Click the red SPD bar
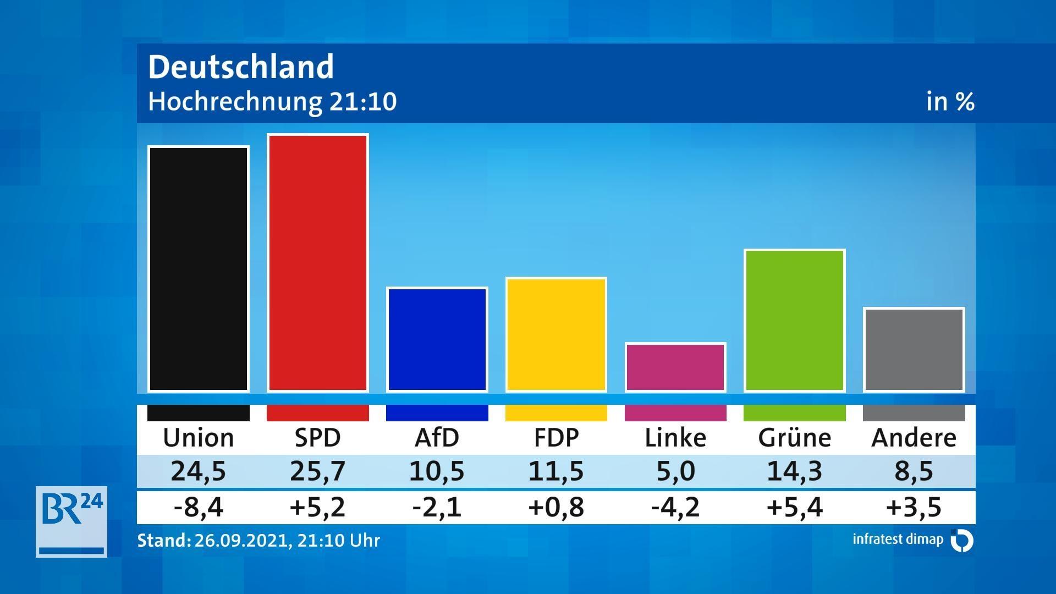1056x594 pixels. point(317,263)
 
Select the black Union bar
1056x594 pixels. point(199,269)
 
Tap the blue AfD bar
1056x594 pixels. point(437,339)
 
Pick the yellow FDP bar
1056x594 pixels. point(556,334)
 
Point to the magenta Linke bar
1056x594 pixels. point(675,367)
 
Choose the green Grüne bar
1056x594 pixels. point(794,320)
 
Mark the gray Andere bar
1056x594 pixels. point(914,350)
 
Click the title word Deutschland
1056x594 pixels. point(241,67)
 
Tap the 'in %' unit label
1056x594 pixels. point(950,102)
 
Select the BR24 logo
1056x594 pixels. point(71,521)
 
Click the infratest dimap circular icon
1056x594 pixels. point(962,540)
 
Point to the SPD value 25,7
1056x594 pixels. point(317,471)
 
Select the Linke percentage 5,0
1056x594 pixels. point(675,471)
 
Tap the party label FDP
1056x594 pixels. point(556,438)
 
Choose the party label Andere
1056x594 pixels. point(914,438)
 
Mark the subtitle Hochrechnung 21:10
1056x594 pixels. point(272,102)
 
